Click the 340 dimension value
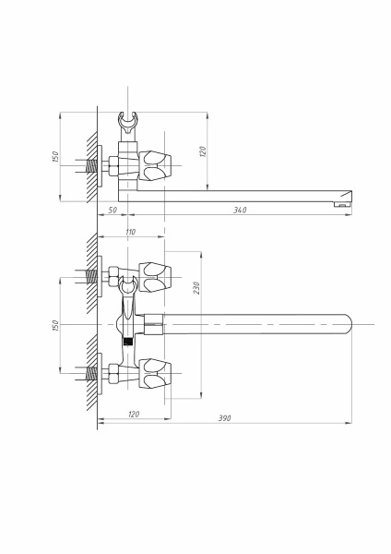pyautogui.click(x=240, y=210)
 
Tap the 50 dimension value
pyautogui.click(x=113, y=210)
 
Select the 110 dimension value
pyautogui.click(x=130, y=232)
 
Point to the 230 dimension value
pyautogui.click(x=196, y=288)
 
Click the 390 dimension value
pyautogui.click(x=224, y=418)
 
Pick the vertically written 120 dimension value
pyautogui.click(x=203, y=151)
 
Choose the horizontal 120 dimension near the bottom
pyautogui.click(x=134, y=414)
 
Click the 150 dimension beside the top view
pyautogui.click(x=55, y=157)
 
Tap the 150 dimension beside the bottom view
pyautogui.click(x=55, y=325)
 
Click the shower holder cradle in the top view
pyautogui.click(x=127, y=122)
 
